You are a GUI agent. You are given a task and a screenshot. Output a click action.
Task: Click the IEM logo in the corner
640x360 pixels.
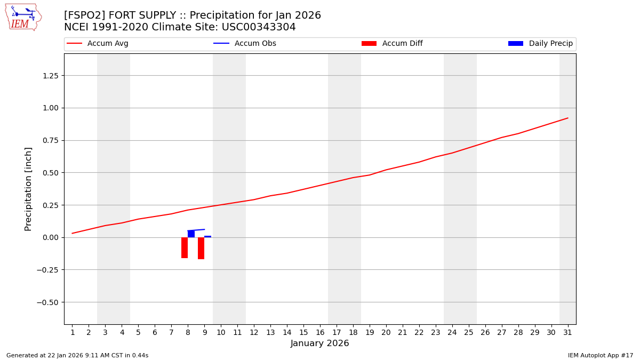click(x=23, y=17)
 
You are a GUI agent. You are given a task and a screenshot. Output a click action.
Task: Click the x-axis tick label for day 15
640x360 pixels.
click(x=303, y=333)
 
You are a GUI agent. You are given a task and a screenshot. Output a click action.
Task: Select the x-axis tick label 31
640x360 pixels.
click(x=567, y=333)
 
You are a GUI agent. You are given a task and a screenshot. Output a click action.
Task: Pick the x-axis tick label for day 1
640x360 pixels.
click(x=73, y=333)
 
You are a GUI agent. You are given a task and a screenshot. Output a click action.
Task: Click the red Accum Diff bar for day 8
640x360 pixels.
click(x=185, y=247)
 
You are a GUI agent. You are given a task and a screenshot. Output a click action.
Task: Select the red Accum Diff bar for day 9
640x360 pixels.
click(x=201, y=248)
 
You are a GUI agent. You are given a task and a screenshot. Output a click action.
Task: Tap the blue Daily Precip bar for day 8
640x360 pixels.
click(x=191, y=234)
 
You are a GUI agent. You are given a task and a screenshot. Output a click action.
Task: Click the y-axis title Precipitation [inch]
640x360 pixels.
click(x=29, y=189)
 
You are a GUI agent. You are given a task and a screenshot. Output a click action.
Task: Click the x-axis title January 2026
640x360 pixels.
click(x=320, y=344)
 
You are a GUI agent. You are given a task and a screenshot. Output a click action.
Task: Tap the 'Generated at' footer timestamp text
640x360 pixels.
click(x=77, y=355)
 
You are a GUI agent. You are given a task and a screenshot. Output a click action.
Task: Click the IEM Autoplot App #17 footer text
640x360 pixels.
click(x=600, y=355)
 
